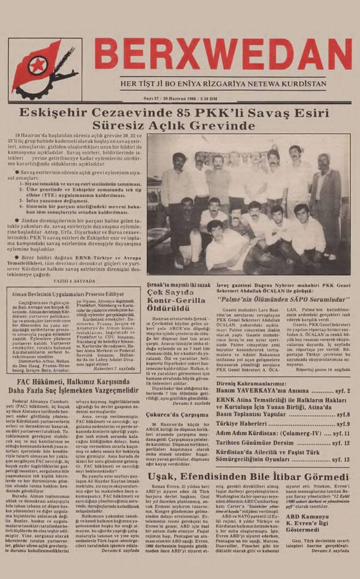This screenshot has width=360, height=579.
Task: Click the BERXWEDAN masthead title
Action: coord(223,54)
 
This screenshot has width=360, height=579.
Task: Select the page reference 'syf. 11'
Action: coord(338,434)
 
